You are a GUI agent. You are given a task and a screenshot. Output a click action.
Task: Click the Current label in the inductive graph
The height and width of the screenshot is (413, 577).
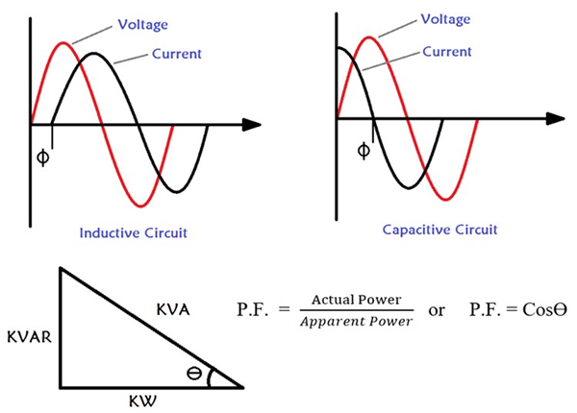click(176, 55)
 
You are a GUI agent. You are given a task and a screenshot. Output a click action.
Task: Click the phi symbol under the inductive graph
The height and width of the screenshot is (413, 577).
click(42, 156)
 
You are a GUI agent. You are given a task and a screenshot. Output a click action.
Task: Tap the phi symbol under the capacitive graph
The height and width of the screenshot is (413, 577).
click(363, 151)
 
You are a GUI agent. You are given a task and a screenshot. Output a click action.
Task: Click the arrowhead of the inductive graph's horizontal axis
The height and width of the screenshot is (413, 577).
click(252, 125)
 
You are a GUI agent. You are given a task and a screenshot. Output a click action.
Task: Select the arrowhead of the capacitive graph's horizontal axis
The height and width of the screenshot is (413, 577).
click(556, 119)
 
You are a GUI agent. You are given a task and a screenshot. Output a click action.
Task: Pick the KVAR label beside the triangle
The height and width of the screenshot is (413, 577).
click(29, 336)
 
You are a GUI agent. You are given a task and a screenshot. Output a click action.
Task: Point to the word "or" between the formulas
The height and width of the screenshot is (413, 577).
click(437, 312)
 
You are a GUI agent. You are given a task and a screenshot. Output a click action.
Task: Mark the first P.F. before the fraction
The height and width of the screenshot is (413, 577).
click(254, 311)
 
